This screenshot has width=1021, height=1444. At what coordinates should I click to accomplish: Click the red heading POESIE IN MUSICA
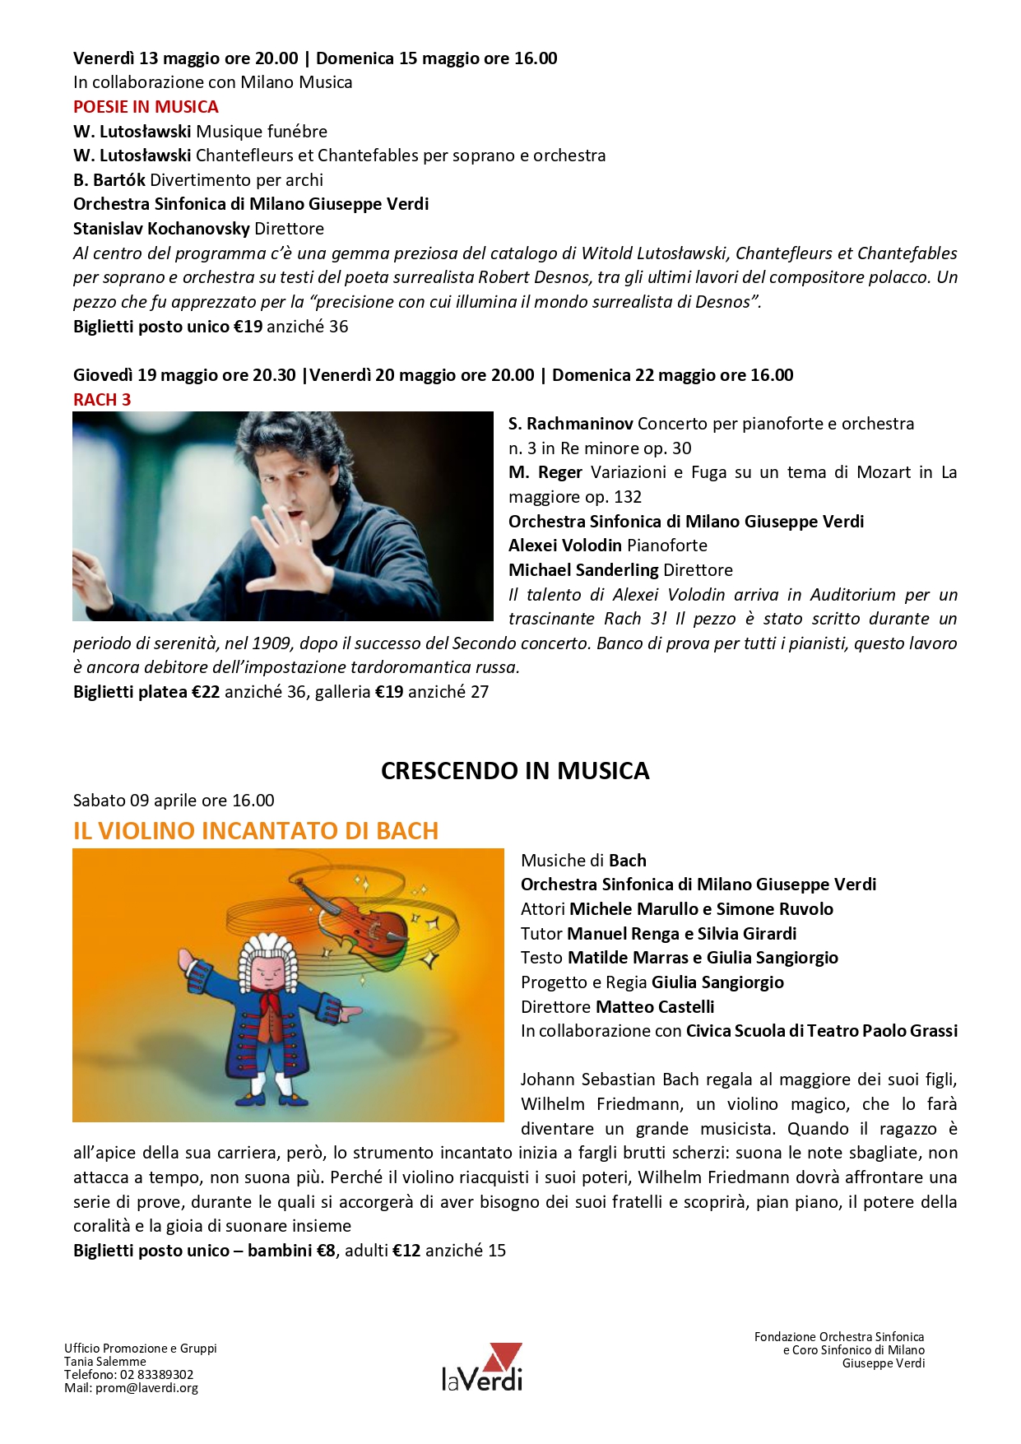[146, 107]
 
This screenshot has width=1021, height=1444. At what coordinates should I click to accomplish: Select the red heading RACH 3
[102, 400]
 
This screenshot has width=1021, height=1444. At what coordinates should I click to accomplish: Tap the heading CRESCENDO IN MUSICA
[515, 771]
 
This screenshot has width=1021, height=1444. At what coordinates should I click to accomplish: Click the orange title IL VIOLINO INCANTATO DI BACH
[256, 831]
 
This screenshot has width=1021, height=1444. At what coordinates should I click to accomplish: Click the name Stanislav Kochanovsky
[161, 229]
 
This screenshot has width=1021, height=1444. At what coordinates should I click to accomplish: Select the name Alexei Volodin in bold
[564, 546]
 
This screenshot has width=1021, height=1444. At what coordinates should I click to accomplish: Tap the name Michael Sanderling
[583, 570]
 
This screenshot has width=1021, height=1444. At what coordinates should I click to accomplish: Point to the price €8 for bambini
[327, 1251]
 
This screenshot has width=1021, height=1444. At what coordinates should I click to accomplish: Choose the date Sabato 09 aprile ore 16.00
[174, 801]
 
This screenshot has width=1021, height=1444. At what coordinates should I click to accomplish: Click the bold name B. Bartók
[109, 180]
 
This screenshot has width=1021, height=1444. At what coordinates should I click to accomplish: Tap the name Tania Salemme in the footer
[105, 1362]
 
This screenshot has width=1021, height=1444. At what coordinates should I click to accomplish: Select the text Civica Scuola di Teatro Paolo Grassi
[821, 1031]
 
